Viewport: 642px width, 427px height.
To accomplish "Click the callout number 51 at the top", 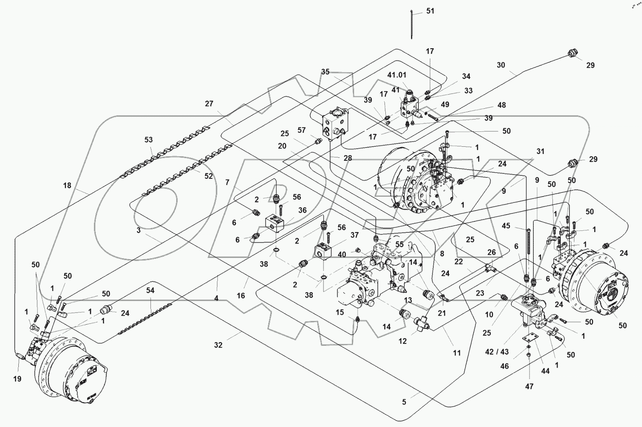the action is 430,11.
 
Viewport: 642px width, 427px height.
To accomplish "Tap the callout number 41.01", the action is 396,75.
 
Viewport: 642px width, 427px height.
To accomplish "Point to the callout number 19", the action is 17,379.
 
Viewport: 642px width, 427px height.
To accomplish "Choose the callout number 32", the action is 218,345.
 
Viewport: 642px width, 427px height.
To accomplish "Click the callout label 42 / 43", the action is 497,351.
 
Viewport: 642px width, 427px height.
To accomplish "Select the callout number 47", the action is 529,386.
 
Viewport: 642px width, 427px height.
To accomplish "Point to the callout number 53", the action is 148,139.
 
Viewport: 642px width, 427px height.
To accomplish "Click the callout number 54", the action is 150,290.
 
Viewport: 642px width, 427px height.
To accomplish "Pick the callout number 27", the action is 209,104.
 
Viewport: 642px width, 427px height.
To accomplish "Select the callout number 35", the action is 325,72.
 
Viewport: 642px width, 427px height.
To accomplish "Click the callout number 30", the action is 501,65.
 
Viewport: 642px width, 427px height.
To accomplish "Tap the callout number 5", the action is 404,402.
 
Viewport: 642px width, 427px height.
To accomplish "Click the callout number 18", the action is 67,186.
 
